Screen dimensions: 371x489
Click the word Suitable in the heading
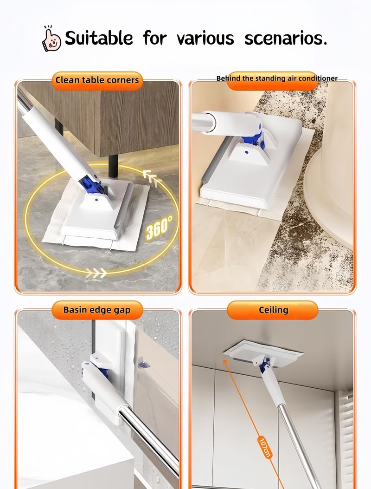[99, 38]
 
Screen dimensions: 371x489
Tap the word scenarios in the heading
[286, 39]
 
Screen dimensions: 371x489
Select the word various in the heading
[205, 39]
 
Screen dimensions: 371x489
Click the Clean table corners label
[97, 80]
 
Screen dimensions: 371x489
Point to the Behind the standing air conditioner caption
[277, 78]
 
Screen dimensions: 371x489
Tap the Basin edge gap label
[97, 310]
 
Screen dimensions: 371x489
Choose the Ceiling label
[273, 310]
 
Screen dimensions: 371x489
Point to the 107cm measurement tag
[264, 447]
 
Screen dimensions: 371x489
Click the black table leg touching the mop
[113, 166]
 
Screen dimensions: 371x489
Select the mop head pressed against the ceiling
[263, 352]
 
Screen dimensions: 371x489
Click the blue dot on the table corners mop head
[96, 200]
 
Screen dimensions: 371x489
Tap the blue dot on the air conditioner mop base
[246, 152]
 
